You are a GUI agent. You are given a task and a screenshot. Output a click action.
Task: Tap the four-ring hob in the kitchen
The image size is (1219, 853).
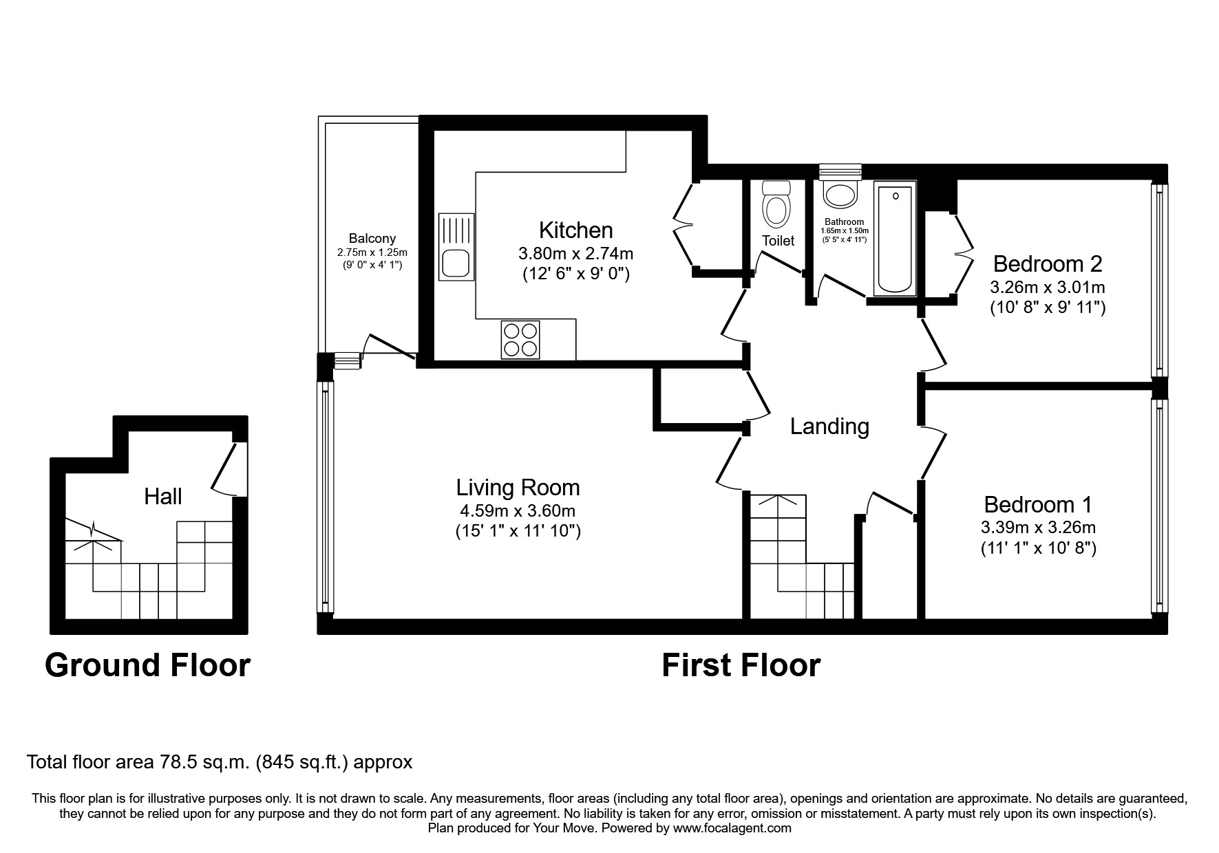click(x=520, y=340)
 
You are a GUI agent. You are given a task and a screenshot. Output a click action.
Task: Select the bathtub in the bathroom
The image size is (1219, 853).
click(x=895, y=239)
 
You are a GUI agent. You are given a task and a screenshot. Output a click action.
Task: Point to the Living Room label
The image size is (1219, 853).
click(x=518, y=488)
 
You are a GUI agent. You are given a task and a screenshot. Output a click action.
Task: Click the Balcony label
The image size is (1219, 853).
click(x=372, y=239)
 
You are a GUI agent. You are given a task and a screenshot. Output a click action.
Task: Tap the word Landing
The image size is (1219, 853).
click(x=829, y=426)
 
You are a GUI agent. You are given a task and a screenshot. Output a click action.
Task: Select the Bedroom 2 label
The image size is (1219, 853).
click(x=1048, y=263)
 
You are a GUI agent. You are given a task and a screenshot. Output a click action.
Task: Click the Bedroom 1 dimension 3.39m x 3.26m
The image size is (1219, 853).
click(x=1038, y=528)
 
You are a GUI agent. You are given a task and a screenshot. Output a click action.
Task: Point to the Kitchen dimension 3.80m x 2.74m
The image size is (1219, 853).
click(x=575, y=254)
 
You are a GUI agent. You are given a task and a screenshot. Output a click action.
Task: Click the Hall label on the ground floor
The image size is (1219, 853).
click(x=163, y=496)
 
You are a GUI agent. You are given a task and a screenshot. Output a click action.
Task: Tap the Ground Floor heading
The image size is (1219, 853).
click(x=147, y=665)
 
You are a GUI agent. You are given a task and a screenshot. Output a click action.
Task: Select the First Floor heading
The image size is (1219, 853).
click(x=741, y=665)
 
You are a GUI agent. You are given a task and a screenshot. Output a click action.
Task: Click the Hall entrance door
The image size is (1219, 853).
click(x=225, y=468)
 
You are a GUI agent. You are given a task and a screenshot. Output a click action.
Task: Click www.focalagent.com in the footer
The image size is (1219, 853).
click(x=732, y=828)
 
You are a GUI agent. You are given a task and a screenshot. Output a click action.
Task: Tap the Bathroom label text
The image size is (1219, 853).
click(x=844, y=222)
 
